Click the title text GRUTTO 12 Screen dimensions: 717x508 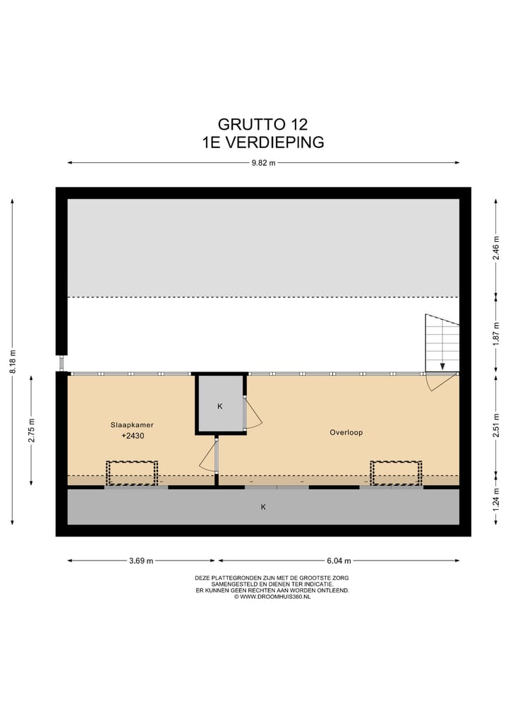click(x=262, y=125)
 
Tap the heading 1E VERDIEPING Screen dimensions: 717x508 click(x=262, y=142)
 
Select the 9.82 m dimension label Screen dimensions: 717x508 click(x=262, y=163)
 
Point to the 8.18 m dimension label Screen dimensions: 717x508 click(x=12, y=362)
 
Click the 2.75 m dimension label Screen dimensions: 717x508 click(x=31, y=430)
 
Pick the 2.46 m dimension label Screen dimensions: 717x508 click(x=495, y=247)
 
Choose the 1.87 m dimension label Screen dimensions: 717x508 click(x=495, y=333)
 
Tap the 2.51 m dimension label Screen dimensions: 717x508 click(x=495, y=425)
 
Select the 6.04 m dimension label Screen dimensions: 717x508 click(x=338, y=561)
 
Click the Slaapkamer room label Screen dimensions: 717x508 click(x=132, y=425)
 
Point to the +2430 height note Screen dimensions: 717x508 click(x=132, y=436)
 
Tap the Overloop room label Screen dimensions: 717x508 click(x=346, y=432)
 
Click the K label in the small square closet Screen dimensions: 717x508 click(x=220, y=406)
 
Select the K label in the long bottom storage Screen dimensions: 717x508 click(x=263, y=506)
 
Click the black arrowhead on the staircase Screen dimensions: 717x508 click(x=442, y=366)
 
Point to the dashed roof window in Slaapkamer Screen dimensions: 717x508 click(x=132, y=473)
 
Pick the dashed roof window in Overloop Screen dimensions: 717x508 click(x=396, y=473)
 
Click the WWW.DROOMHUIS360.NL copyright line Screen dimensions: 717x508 click(x=272, y=596)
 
